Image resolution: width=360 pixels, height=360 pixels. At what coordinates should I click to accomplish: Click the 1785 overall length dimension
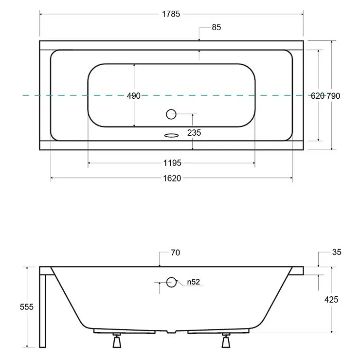pyautogui.click(x=171, y=14)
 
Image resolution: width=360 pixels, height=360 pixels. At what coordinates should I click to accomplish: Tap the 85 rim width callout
pyautogui.click(x=216, y=27)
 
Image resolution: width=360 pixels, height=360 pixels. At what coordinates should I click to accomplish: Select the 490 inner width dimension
pyautogui.click(x=134, y=96)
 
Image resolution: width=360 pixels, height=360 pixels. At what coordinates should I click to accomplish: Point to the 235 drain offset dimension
pyautogui.click(x=194, y=132)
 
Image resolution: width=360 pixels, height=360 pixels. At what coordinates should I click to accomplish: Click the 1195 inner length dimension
pyautogui.click(x=172, y=163)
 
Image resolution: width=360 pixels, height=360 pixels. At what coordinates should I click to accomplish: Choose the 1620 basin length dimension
pyautogui.click(x=172, y=178)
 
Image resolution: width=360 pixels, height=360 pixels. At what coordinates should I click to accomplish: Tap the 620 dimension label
pyautogui.click(x=318, y=96)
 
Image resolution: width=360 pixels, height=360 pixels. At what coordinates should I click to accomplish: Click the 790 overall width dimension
pyautogui.click(x=333, y=96)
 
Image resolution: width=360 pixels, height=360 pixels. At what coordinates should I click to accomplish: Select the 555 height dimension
pyautogui.click(x=27, y=307)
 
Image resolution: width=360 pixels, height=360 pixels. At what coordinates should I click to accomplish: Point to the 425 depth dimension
pyautogui.click(x=331, y=299)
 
